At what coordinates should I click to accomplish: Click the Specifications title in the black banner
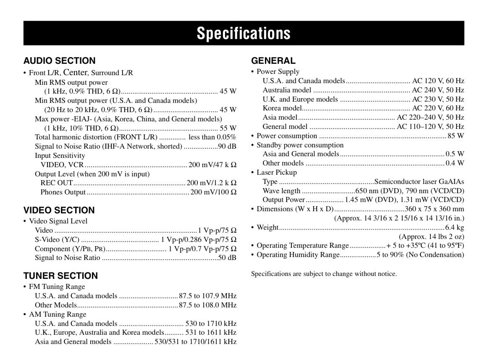click(x=244, y=33)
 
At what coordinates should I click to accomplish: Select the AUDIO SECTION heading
click(x=59, y=60)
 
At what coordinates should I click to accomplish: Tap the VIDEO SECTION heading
click(x=59, y=210)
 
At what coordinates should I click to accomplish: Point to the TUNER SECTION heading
click(x=60, y=276)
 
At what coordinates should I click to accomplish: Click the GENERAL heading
click(x=273, y=60)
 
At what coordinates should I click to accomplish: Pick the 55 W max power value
click(x=228, y=128)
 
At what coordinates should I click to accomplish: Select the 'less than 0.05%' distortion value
click(x=212, y=137)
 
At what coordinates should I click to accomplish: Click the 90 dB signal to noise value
click(x=227, y=146)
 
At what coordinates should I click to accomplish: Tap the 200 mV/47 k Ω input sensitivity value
click(x=212, y=165)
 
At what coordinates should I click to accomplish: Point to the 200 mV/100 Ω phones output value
click(x=213, y=192)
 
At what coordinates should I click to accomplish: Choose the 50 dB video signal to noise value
click(x=227, y=258)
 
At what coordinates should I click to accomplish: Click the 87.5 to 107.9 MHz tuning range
click(x=207, y=296)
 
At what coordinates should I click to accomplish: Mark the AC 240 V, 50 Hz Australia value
click(x=438, y=90)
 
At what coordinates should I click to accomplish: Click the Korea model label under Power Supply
click(x=280, y=108)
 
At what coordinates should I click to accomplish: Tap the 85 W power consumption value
click(x=456, y=136)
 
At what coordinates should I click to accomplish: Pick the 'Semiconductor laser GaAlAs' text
click(x=419, y=181)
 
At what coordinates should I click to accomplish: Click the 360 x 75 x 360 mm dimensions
click(x=434, y=209)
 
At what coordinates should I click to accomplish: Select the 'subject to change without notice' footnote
click(x=324, y=274)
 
